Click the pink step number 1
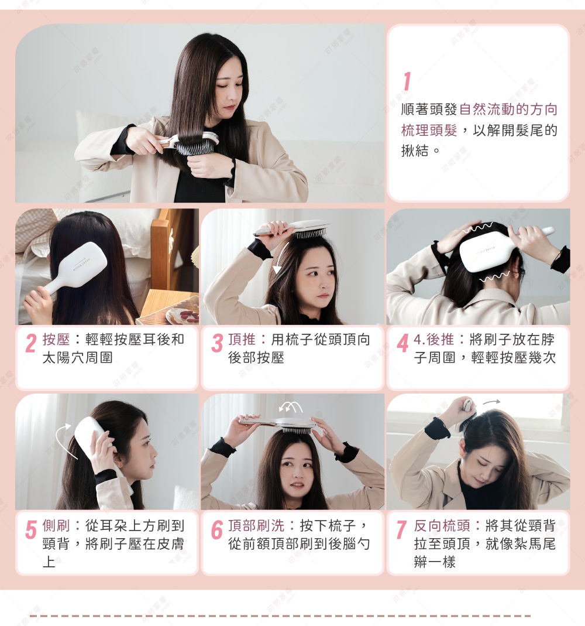407,82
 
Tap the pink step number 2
32,344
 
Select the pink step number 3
217,344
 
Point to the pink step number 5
31,530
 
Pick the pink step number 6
217,530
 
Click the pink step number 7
401,530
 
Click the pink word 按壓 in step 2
56,340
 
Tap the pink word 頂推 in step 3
242,340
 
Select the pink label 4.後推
434,340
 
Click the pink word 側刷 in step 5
56,525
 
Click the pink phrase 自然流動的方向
508,110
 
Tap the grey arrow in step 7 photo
491,402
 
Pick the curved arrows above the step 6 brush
291,406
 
